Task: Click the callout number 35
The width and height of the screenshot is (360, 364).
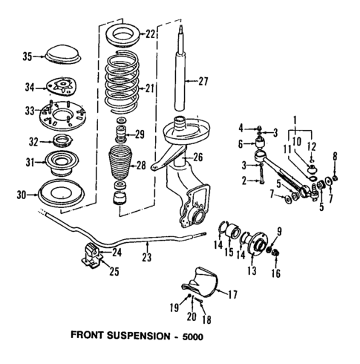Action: (27, 56)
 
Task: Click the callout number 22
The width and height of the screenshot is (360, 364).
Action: (151, 34)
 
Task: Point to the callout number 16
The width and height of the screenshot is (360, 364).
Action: (278, 273)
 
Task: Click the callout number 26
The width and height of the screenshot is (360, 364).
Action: (199, 157)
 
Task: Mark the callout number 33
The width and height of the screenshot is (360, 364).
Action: (27, 111)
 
